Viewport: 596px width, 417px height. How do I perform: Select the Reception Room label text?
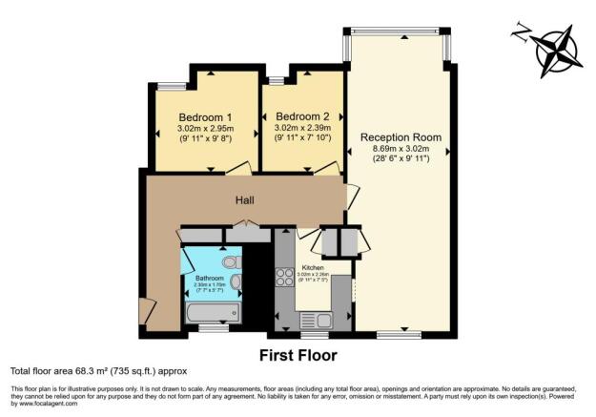coord(401,136)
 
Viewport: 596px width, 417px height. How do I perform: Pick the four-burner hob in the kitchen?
coord(284,279)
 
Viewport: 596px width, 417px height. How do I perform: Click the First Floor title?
coord(298,356)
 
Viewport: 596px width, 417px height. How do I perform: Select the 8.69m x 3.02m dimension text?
coord(401,148)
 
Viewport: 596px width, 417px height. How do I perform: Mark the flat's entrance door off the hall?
coord(145,311)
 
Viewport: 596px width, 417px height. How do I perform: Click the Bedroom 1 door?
coord(238,169)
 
